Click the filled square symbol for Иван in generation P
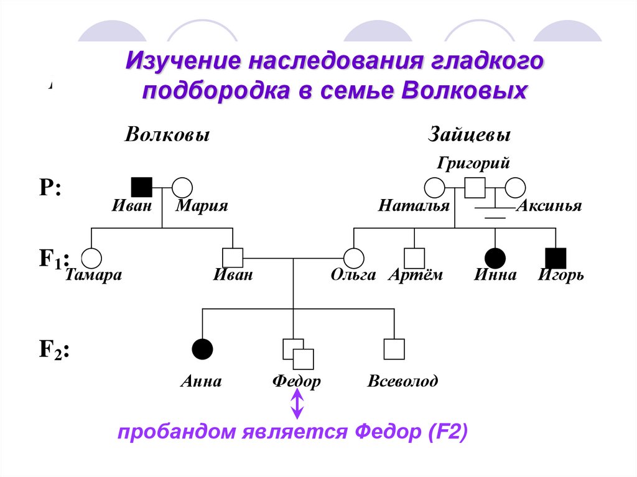tap(142, 187)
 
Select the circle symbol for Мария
tap(182, 187)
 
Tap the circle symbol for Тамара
tap(91, 258)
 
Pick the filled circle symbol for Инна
tap(495, 258)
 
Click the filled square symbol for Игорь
tap(556, 258)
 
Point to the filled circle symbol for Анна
tap(202, 349)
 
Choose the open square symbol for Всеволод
tap(394, 349)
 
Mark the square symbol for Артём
tap(414, 258)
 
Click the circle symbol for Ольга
tap(354, 258)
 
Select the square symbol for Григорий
tap(475, 187)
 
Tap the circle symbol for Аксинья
tap(516, 187)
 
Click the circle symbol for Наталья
tap(434, 187)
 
